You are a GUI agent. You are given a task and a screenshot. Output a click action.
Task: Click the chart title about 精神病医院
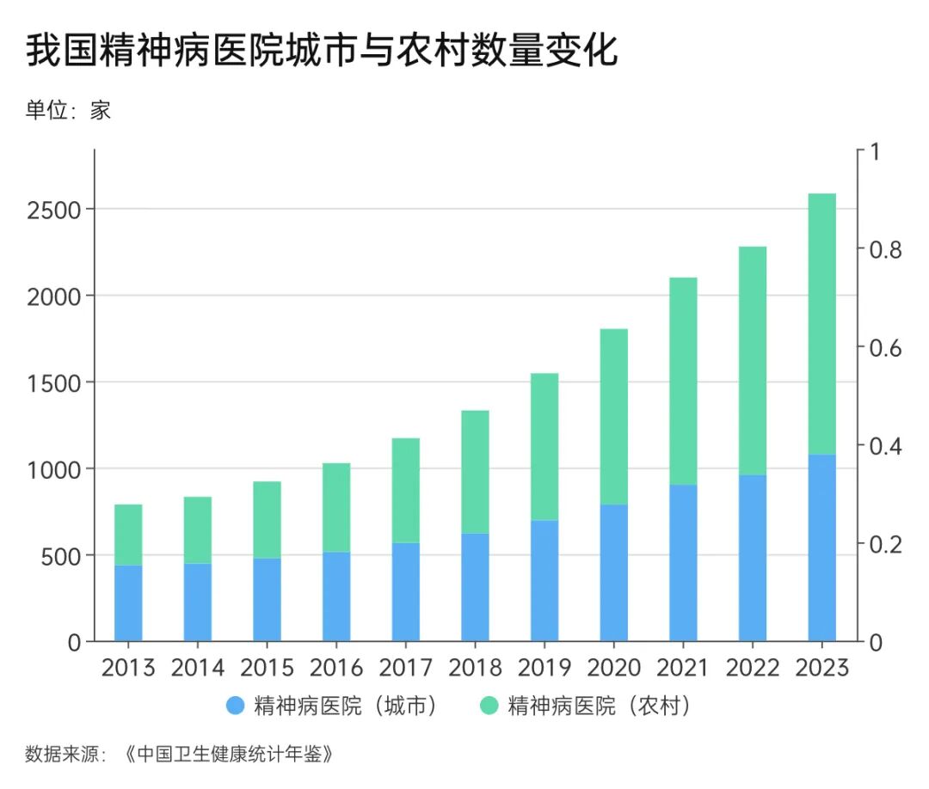(322, 52)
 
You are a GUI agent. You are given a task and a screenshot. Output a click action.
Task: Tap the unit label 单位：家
(68, 110)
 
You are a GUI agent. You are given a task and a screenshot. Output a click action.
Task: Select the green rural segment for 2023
(821, 323)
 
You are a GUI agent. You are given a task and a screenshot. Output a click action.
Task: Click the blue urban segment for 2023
(821, 547)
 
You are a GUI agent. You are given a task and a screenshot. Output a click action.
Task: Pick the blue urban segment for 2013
(128, 602)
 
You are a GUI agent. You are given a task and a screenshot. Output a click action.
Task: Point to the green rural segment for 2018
(475, 471)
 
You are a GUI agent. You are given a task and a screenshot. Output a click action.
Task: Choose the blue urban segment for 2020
(613, 572)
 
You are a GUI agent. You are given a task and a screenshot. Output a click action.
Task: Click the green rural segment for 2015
(267, 519)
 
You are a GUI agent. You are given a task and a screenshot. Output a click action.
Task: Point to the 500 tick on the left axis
(60, 556)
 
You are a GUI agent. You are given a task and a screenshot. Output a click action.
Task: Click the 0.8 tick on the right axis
(883, 249)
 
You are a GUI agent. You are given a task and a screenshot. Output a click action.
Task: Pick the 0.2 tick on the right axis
(883, 544)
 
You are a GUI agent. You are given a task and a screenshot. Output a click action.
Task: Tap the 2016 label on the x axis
(336, 668)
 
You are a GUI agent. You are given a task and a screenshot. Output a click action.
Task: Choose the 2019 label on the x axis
(544, 668)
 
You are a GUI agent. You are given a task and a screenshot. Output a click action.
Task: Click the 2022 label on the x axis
(753, 668)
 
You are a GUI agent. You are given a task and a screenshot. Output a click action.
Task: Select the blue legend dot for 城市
(236, 706)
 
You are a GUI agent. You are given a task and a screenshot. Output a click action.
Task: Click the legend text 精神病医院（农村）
(599, 706)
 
